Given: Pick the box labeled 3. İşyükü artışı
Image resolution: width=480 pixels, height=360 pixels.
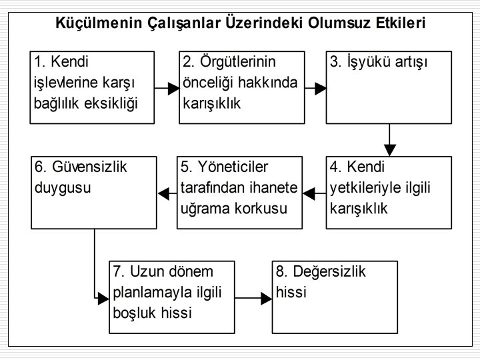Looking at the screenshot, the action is click(x=389, y=86).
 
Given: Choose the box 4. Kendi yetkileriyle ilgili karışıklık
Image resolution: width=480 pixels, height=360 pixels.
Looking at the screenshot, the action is click(x=389, y=193).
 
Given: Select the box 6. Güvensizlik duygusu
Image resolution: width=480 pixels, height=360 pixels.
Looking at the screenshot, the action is click(x=94, y=193).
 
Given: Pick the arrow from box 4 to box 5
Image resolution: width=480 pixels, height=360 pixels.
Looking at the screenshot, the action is click(x=313, y=194).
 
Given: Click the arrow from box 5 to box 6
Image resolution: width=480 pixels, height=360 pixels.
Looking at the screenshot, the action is click(x=167, y=194).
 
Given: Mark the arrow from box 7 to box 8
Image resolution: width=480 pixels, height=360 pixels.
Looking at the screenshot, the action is click(x=253, y=297).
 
